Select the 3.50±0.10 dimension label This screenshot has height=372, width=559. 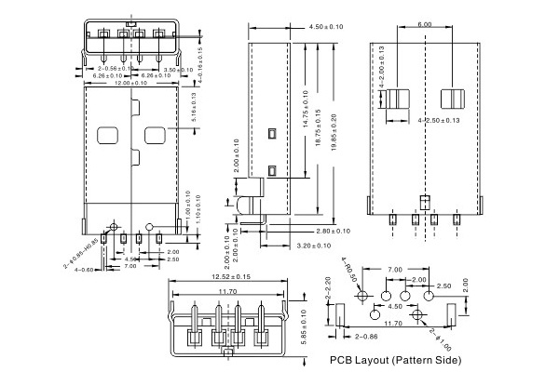coord(178,70)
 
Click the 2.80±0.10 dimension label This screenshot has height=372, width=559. coord(334,231)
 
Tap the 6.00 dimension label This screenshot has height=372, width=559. coord(424,24)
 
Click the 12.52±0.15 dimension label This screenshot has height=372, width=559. coord(231,277)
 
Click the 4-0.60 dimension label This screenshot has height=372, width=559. coord(85,270)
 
